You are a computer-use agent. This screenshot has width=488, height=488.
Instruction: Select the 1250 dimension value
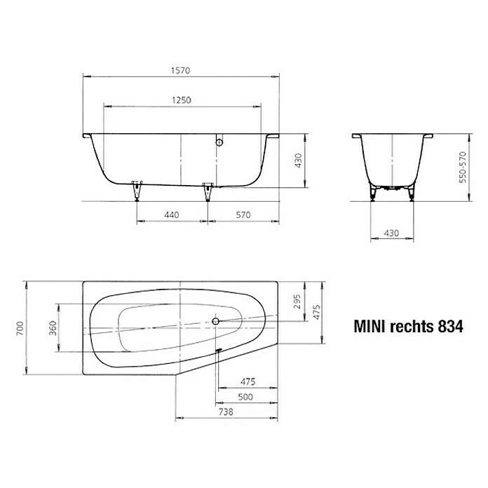point(182,100)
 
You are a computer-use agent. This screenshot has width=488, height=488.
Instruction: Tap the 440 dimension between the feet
point(172,216)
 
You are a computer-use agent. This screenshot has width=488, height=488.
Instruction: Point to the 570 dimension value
point(243,216)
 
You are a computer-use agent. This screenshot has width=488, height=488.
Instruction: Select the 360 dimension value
point(53,329)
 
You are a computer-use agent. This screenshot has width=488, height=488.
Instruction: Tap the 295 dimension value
point(297,301)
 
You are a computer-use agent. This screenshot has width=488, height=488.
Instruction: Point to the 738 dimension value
point(224,414)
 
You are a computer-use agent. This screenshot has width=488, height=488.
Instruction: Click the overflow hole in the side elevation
point(220,142)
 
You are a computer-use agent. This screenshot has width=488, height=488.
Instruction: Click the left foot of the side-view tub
point(136,189)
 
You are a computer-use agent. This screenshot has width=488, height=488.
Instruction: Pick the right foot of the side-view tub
point(207,189)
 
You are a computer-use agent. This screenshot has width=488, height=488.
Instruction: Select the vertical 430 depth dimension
point(298,161)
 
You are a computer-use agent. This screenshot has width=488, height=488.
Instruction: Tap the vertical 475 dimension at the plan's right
point(316,311)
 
